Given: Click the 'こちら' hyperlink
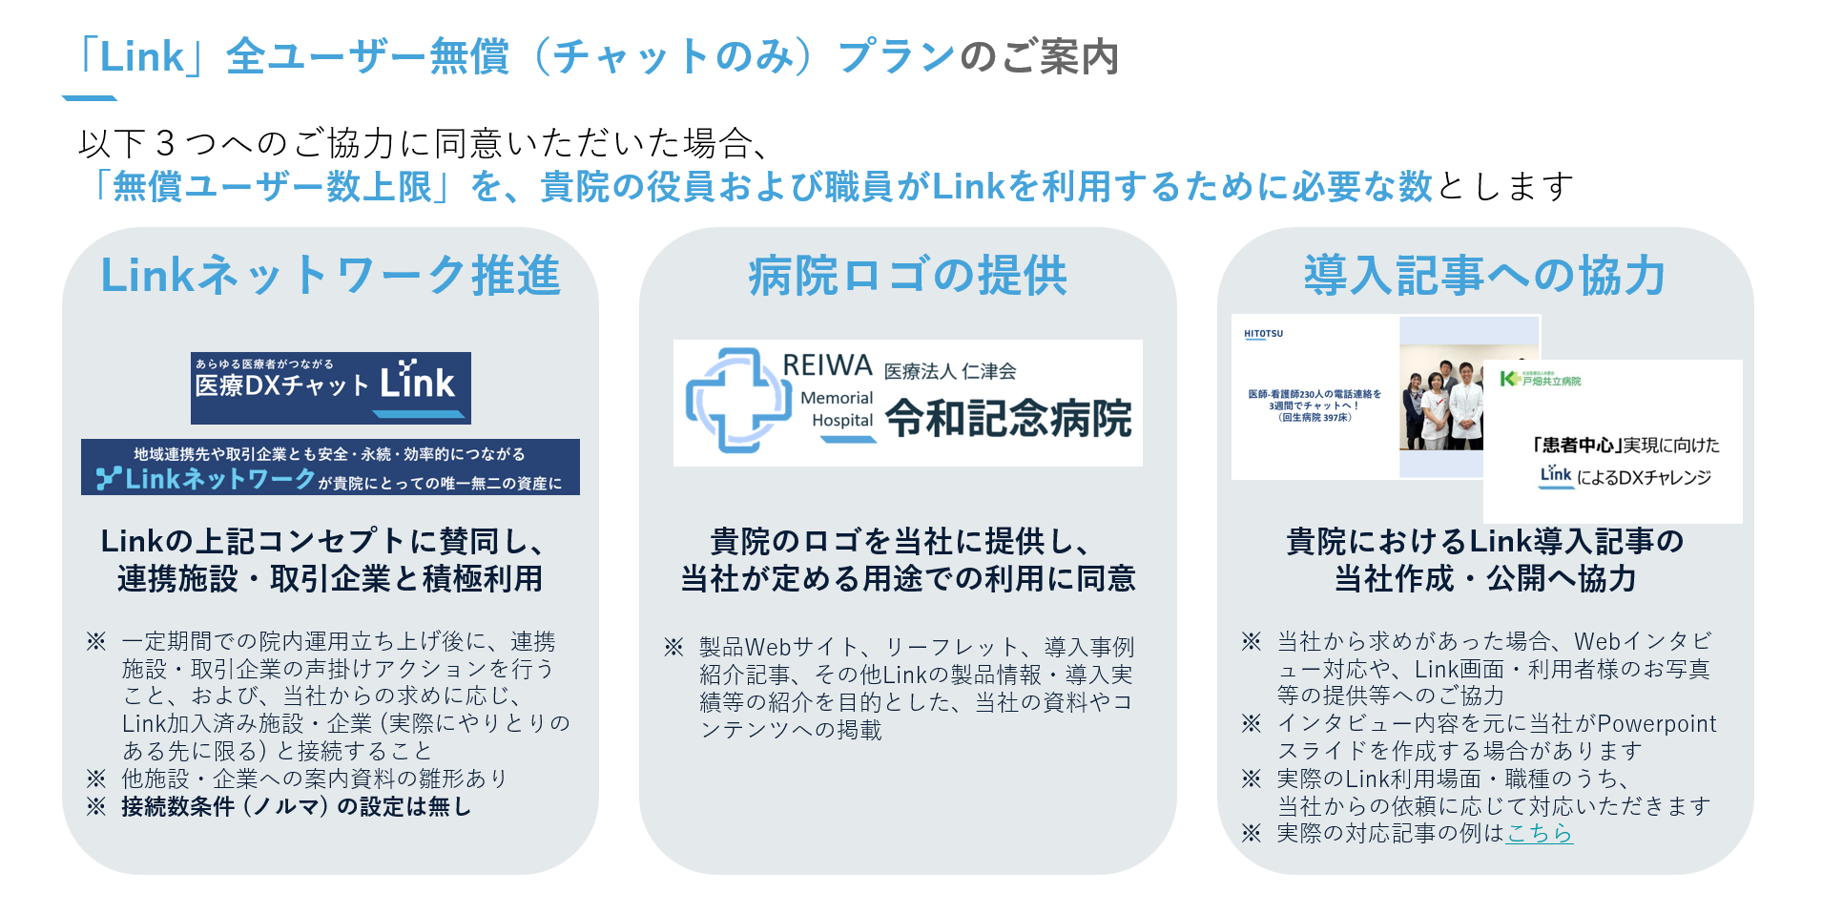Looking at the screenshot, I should [1539, 833].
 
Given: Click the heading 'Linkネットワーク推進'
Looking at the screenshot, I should [330, 276].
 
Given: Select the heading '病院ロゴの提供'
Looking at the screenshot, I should [907, 276].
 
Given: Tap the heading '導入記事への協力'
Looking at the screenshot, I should [1484, 276].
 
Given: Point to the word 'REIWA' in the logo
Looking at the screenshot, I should [827, 365].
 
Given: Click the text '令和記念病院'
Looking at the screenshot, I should [1008, 418].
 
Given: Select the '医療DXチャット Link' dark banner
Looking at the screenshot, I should [330, 387].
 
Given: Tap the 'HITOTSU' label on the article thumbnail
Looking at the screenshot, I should [1263, 334].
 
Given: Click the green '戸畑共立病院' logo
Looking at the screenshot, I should [1541, 380].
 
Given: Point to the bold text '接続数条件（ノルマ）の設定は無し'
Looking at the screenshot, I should [296, 806].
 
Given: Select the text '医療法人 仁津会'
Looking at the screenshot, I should [949, 371].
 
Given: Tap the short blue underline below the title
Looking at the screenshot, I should [90, 97].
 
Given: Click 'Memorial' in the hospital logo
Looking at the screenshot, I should [837, 398].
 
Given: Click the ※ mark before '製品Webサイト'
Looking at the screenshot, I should [673, 647].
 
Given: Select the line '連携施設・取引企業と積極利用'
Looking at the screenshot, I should [330, 578].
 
